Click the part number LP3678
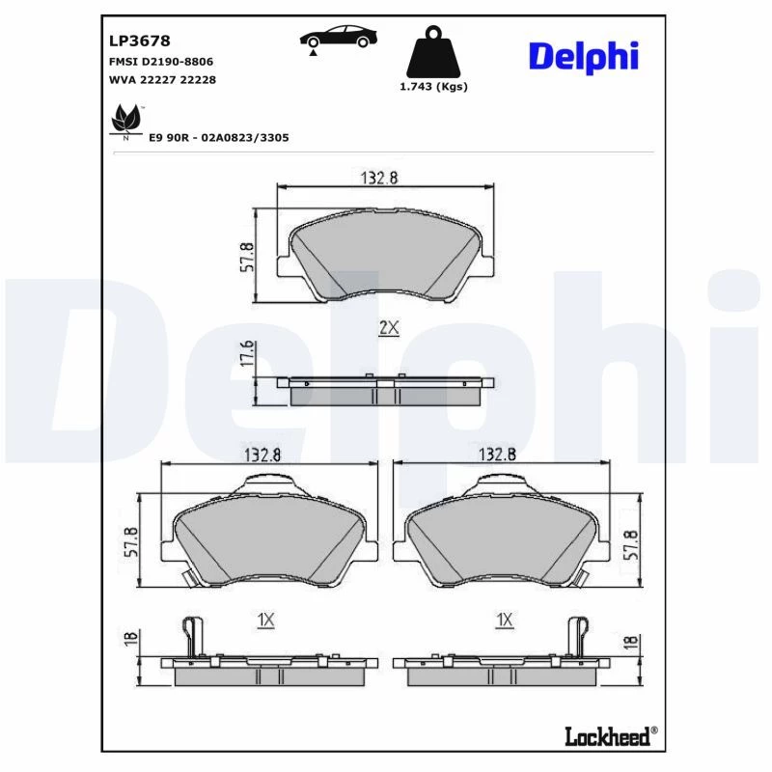pos(139,41)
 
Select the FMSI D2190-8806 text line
pos(161,62)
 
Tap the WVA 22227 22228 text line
pos(162,79)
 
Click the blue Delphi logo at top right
pos(584,57)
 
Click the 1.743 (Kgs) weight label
pos(433,87)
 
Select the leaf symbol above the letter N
pos(126,118)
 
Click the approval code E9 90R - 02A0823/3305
pos(219,137)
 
